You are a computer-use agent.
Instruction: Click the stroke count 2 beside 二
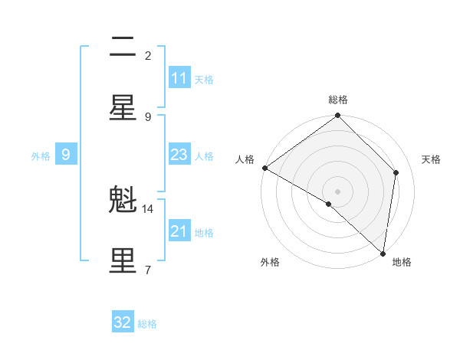pyautogui.click(x=148, y=55)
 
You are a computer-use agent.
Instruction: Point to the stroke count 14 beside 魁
pyautogui.click(x=148, y=208)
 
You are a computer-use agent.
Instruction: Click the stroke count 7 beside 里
pyautogui.click(x=148, y=269)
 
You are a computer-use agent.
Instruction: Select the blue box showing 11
pyautogui.click(x=179, y=78)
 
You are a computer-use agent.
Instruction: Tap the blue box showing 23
pyautogui.click(x=179, y=155)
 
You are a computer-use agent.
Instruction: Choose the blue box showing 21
pyautogui.click(x=179, y=231)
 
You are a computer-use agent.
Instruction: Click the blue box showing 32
pyautogui.click(x=123, y=322)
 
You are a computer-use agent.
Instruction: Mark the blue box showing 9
pyautogui.click(x=66, y=155)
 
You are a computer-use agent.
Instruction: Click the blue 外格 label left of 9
pyautogui.click(x=41, y=156)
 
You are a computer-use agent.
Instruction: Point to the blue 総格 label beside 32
pyautogui.click(x=147, y=324)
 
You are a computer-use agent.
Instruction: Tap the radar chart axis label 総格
pyautogui.click(x=338, y=100)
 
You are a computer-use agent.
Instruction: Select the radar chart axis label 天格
pyautogui.click(x=432, y=159)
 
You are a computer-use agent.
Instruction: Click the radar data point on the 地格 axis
pyautogui.click(x=383, y=254)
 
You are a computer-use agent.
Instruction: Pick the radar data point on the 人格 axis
pyautogui.click(x=264, y=168)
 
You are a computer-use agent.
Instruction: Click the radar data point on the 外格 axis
pyautogui.click(x=329, y=205)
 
